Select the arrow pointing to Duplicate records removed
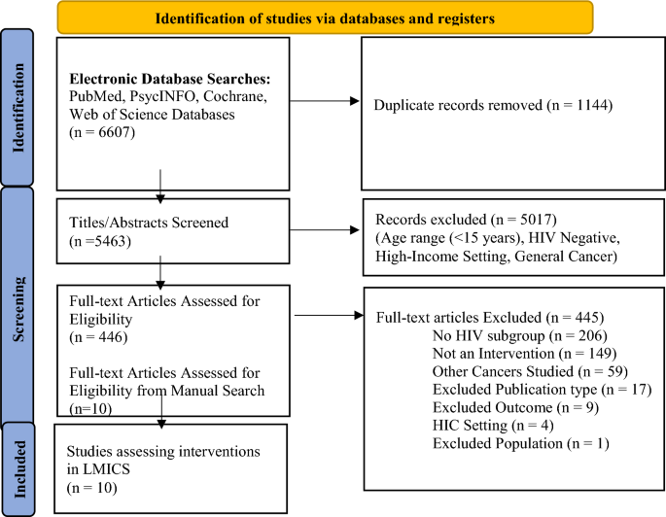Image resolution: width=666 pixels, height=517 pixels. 322,99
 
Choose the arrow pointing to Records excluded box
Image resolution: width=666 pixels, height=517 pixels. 322,229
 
